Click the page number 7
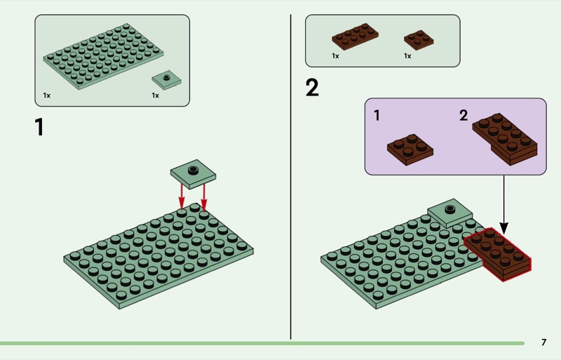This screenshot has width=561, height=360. [x=544, y=342]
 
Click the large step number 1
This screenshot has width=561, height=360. [x=39, y=127]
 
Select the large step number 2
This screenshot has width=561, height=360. [x=312, y=88]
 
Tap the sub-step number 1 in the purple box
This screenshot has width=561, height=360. [x=377, y=115]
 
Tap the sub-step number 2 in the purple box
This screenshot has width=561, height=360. [x=464, y=115]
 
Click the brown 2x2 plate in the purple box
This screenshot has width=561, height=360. [x=410, y=149]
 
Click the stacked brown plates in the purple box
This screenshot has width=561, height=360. [x=505, y=139]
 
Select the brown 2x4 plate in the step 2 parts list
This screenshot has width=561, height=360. [x=355, y=36]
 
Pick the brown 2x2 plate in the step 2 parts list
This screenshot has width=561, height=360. [x=419, y=39]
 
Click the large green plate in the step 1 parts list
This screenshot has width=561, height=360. [x=103, y=57]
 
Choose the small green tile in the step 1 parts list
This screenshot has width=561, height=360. [x=166, y=80]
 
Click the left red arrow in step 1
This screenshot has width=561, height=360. [x=182, y=196]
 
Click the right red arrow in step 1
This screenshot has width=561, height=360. [x=204, y=196]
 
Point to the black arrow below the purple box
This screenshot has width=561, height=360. [x=503, y=204]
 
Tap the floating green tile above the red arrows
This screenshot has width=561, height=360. [x=194, y=174]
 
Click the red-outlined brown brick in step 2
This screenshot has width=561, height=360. [x=498, y=254]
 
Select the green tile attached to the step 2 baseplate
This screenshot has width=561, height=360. [x=450, y=213]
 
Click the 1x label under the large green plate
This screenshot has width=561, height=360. [x=47, y=95]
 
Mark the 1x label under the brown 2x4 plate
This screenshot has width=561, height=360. [x=335, y=56]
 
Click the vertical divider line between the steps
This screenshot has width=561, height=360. [x=290, y=177]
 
